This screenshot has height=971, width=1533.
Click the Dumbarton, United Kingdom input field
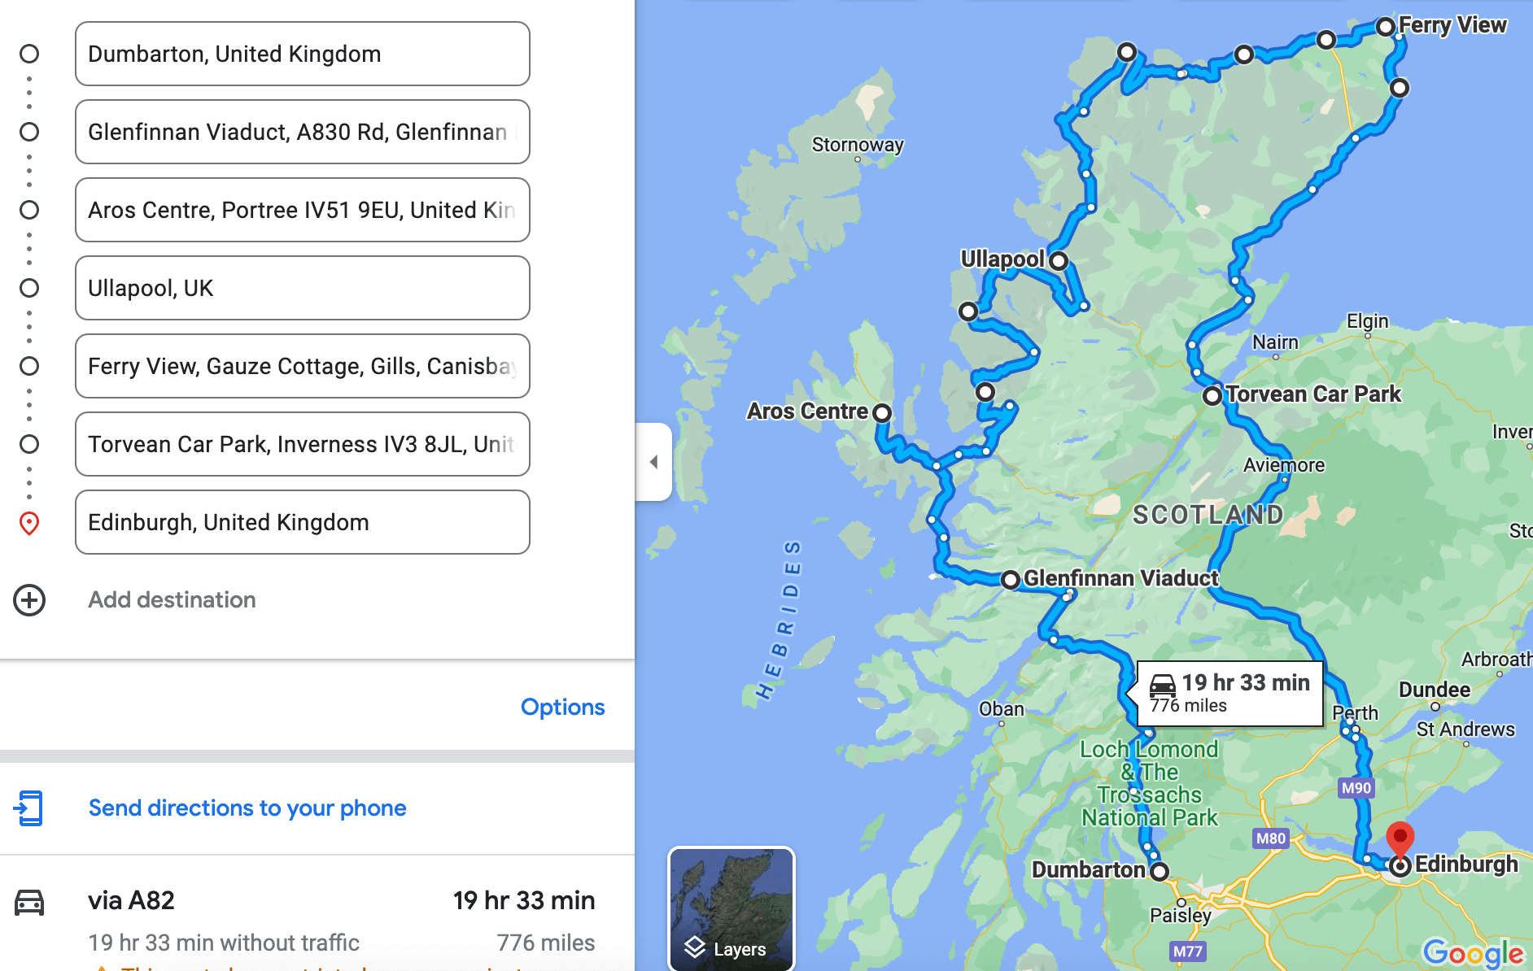(x=302, y=54)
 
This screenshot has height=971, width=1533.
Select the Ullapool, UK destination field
(x=302, y=288)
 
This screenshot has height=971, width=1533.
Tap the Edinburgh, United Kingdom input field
(x=302, y=522)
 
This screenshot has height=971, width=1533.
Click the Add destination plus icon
(x=29, y=600)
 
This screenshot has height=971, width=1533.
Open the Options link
(x=562, y=707)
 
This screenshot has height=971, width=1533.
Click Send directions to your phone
(x=247, y=808)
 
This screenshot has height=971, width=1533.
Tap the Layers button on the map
(x=731, y=908)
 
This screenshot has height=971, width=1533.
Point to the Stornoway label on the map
(x=858, y=145)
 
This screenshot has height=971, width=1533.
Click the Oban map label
(x=1001, y=709)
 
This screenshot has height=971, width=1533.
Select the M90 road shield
(x=1356, y=787)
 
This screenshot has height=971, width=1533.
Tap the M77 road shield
(x=1187, y=951)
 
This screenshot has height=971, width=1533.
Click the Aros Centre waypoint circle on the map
(x=881, y=413)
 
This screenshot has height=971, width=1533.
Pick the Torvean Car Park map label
(x=1312, y=394)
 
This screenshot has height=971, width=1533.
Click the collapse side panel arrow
(x=653, y=462)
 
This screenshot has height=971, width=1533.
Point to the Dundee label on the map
(x=1434, y=690)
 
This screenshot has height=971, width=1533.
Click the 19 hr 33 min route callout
(x=1229, y=693)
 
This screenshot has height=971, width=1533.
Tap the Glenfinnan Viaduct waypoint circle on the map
(x=1010, y=580)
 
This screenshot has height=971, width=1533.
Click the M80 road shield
(x=1270, y=838)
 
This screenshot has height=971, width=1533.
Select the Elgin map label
(x=1367, y=321)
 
